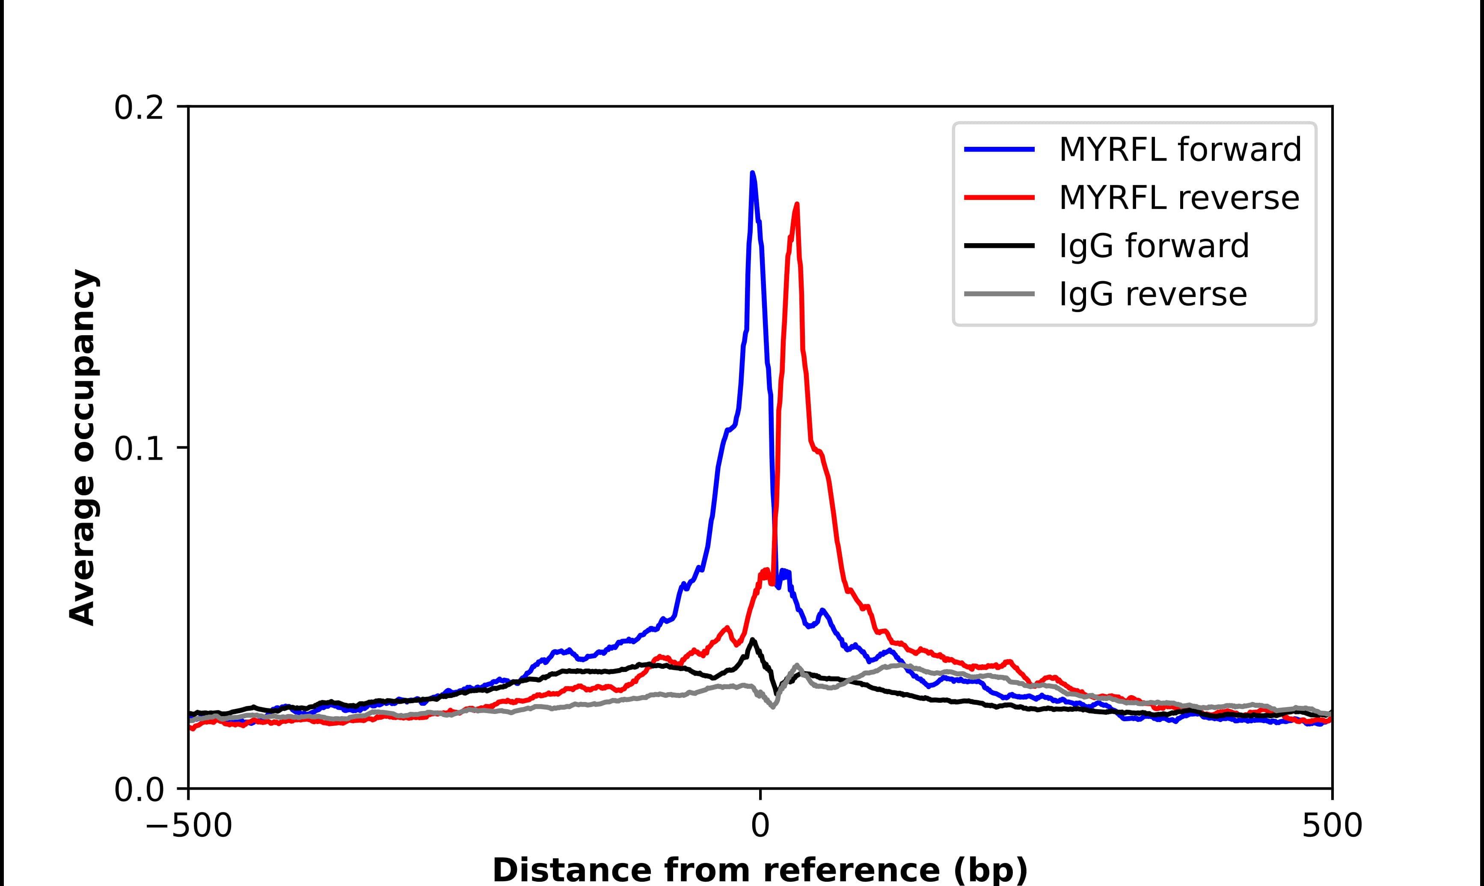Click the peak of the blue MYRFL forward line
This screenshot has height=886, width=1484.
point(752,173)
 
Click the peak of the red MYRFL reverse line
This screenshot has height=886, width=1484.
point(797,205)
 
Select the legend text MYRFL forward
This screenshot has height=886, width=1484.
point(1180,149)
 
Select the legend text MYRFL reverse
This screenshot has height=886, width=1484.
point(1178,198)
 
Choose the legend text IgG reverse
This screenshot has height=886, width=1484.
point(1152,294)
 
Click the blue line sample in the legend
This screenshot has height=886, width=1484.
point(1000,149)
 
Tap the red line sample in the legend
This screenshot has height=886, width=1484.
point(1000,198)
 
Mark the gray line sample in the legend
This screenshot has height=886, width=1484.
point(1000,294)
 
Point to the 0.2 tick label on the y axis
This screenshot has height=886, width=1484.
point(139,108)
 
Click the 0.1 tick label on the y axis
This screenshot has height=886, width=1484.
point(139,449)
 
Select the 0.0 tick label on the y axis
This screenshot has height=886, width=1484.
point(139,790)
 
